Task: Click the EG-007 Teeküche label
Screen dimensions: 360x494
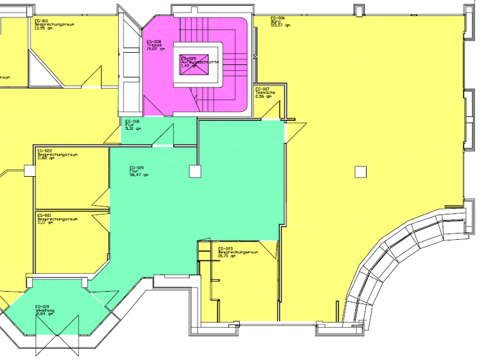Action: tap(266, 92)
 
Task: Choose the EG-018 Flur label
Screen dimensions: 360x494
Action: tap(133, 124)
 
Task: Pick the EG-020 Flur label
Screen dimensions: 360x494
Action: tap(136, 171)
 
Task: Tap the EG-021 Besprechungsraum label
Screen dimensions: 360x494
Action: tap(57, 217)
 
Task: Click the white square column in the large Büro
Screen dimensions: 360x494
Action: tap(361, 171)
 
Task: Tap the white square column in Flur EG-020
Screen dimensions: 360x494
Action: tap(194, 172)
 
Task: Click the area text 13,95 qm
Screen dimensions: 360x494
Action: tap(44, 28)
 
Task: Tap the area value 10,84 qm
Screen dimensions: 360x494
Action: tap(44, 314)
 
